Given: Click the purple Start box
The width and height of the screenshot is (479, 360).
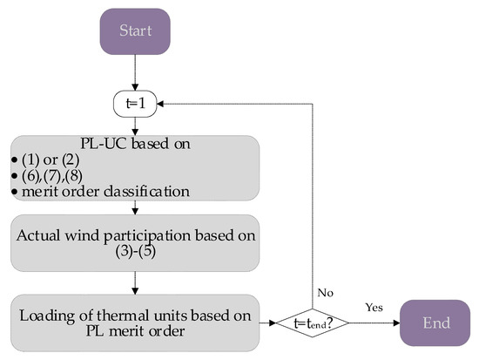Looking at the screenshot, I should (x=134, y=32).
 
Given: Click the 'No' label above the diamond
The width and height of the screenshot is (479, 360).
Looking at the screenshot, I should (x=325, y=294).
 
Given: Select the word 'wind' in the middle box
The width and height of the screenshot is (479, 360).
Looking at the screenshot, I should (x=113, y=234).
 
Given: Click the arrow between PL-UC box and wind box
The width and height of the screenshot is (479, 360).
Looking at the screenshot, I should (x=134, y=207).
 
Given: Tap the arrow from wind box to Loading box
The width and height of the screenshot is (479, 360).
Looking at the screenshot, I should (x=134, y=281).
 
